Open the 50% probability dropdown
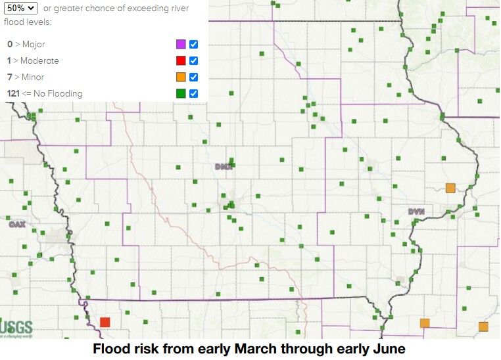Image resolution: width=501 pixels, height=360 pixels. (x=20, y=8)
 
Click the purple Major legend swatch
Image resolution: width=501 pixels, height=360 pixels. (x=180, y=45)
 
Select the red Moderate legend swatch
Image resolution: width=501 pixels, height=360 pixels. (x=180, y=61)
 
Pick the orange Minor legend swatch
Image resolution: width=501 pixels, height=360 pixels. (x=180, y=78)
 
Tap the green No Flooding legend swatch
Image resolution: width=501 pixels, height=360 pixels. (x=180, y=94)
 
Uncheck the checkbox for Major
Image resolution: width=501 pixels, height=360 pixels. (x=194, y=45)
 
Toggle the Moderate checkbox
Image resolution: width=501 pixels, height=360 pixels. (x=194, y=61)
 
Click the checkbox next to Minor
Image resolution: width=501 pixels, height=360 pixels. (x=194, y=78)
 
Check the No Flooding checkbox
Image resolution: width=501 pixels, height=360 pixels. (x=194, y=94)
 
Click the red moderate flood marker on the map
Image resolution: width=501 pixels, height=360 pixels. (x=105, y=322)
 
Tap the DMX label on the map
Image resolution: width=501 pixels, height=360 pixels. (x=224, y=167)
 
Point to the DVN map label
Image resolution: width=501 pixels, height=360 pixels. (x=416, y=212)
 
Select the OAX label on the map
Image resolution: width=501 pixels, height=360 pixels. (x=16, y=225)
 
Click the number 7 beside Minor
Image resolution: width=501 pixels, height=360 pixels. (x=9, y=77)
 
